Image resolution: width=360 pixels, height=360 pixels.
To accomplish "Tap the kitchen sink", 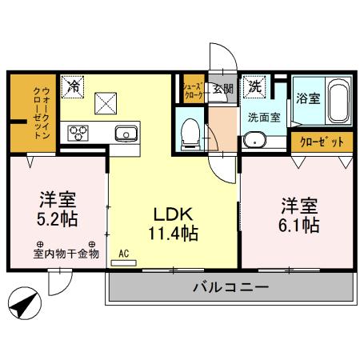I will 126,133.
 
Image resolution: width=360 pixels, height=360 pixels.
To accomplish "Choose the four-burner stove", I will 79,133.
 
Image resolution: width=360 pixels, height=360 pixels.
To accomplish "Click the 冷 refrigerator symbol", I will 73,84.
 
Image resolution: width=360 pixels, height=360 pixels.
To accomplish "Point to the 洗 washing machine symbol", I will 254,86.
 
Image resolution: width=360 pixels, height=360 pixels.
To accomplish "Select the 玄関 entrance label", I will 222,89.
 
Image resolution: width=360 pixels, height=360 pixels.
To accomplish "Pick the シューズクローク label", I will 192,89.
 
